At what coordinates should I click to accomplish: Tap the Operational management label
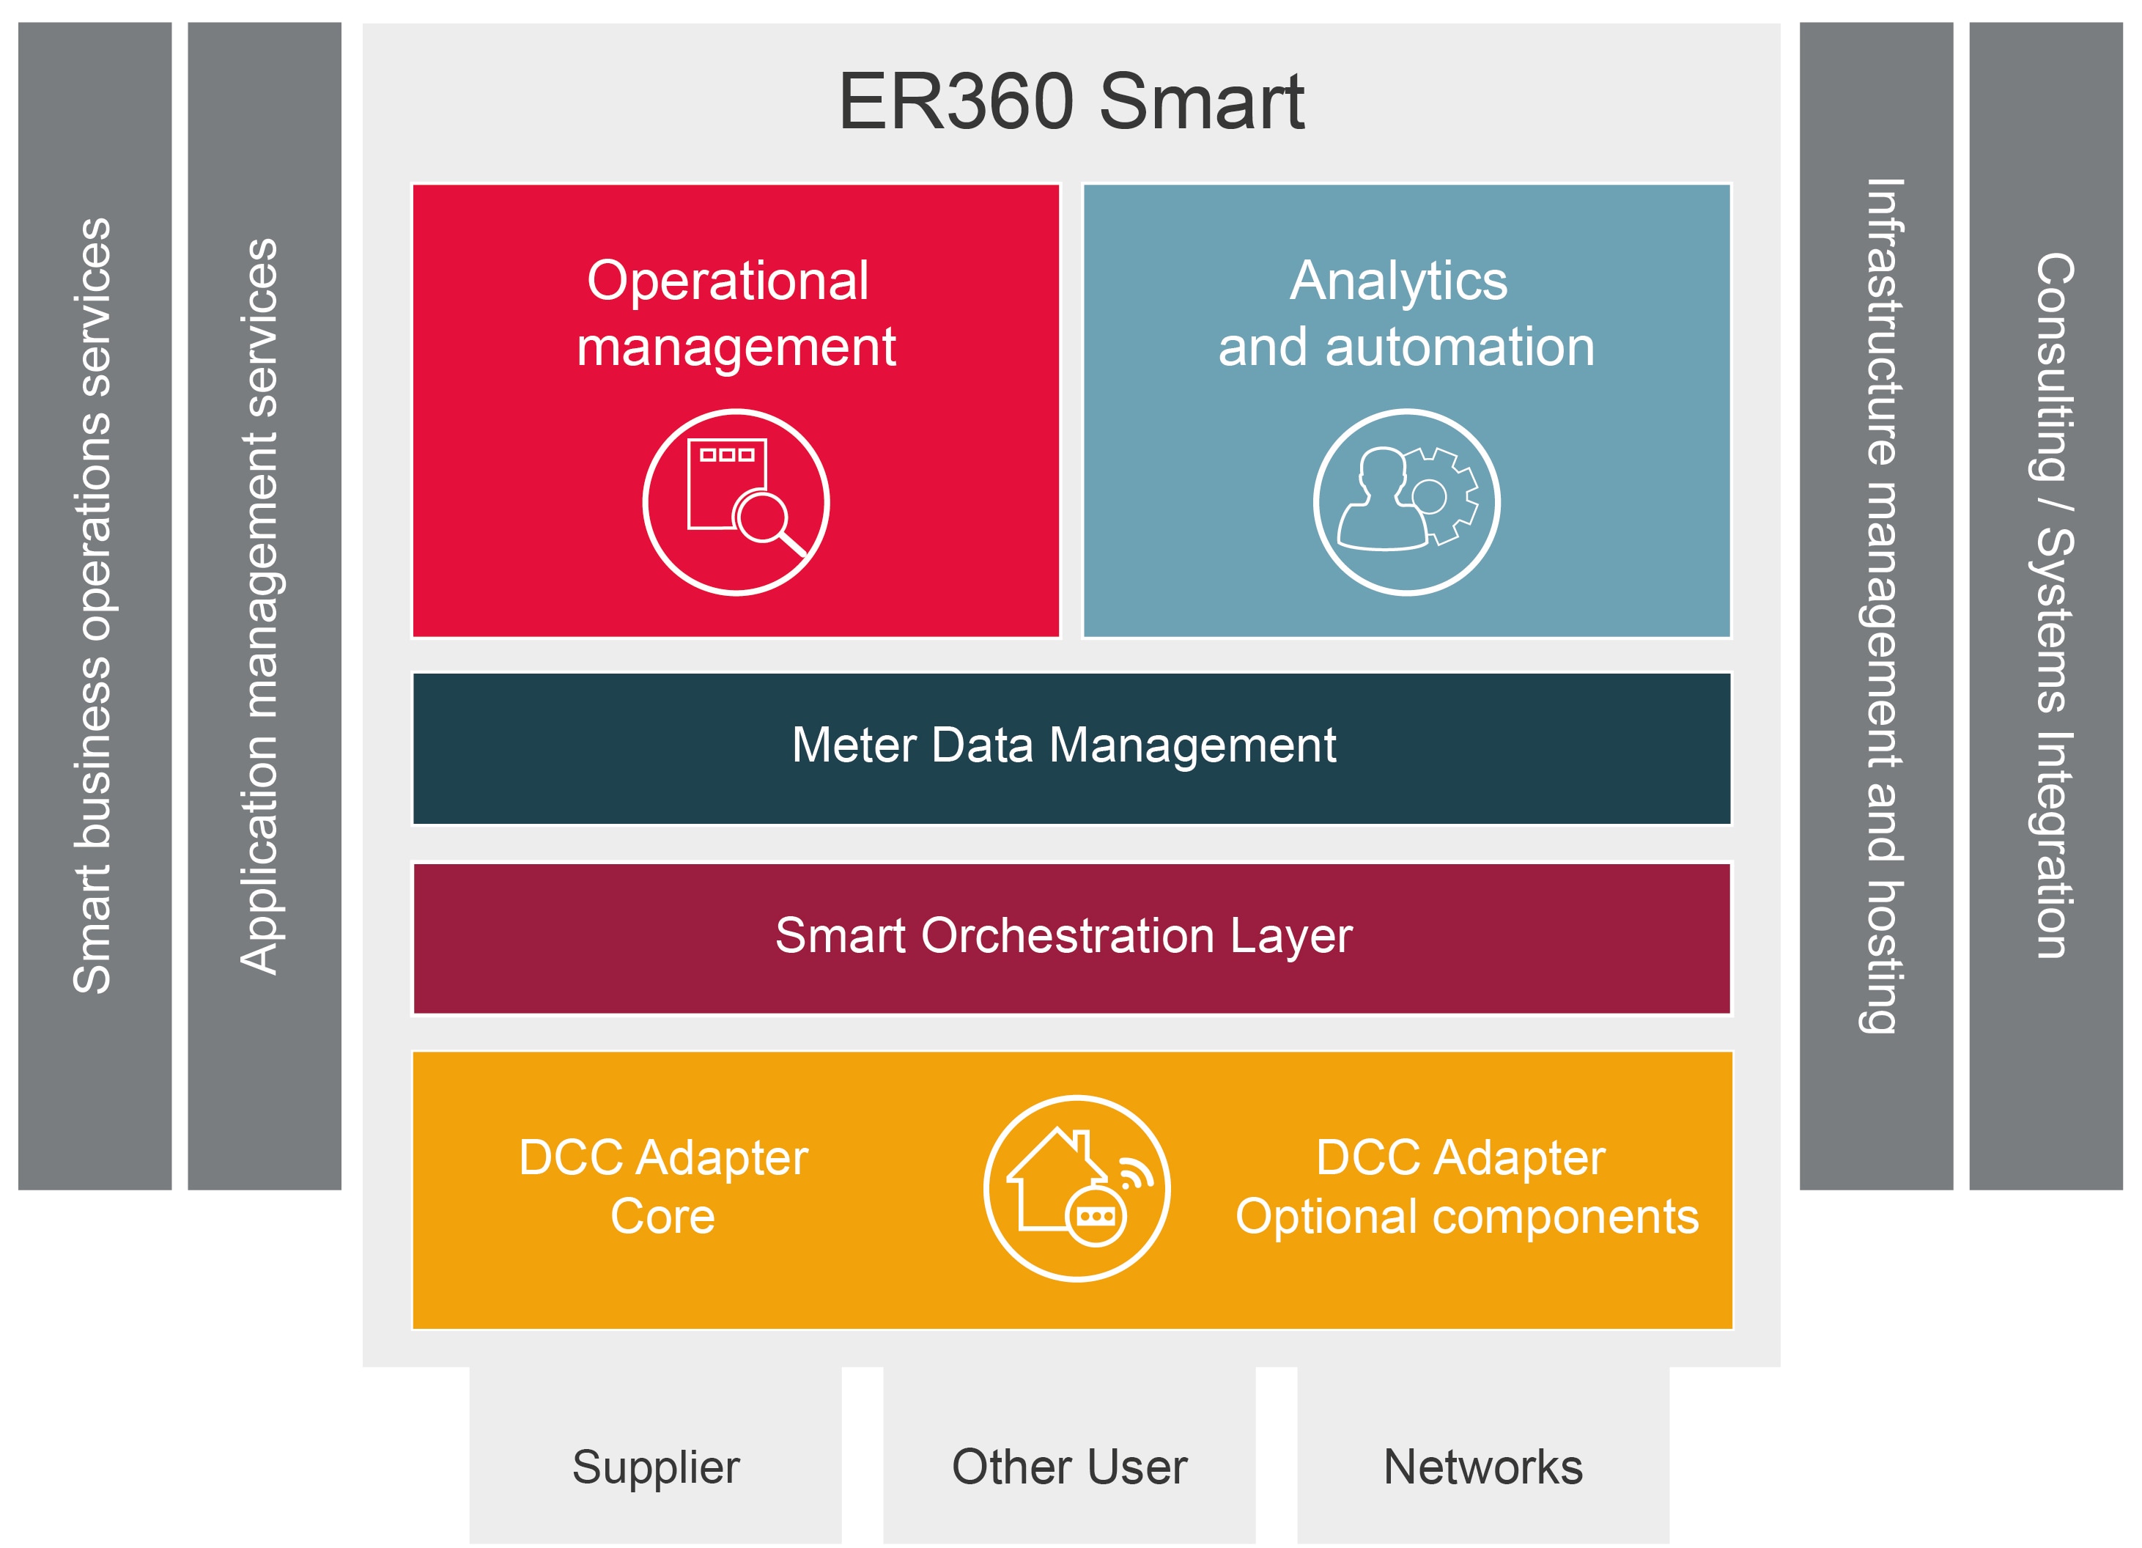pyautogui.click(x=735, y=313)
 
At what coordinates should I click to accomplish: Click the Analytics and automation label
pyautogui.click(x=1406, y=313)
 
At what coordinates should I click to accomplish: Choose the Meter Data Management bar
pyautogui.click(x=1071, y=748)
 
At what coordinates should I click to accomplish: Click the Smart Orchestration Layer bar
pyautogui.click(x=1071, y=938)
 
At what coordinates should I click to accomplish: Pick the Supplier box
pyautogui.click(x=655, y=1467)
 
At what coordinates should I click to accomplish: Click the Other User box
pyautogui.click(x=1069, y=1467)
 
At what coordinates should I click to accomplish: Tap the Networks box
pyautogui.click(x=1482, y=1467)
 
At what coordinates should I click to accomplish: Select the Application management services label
pyautogui.click(x=261, y=605)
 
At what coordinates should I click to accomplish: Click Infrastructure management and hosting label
pyautogui.click(x=1883, y=605)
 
